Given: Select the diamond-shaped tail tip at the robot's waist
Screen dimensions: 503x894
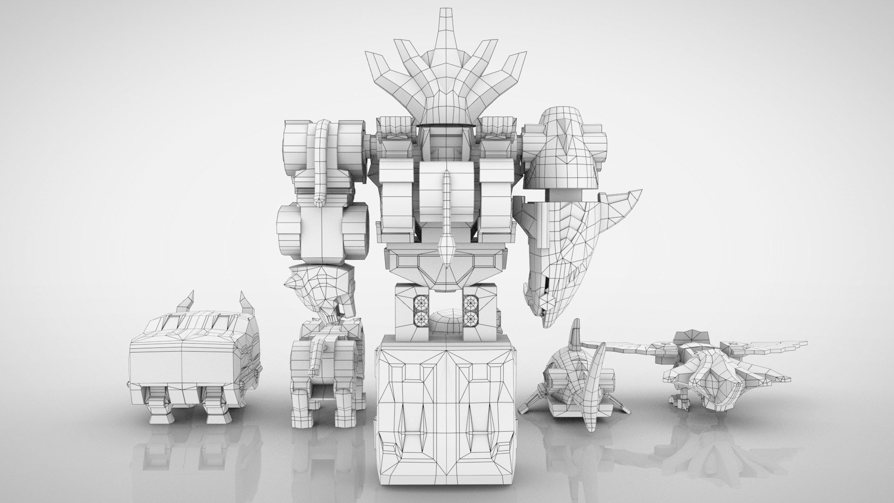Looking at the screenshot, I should click(x=447, y=247).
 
